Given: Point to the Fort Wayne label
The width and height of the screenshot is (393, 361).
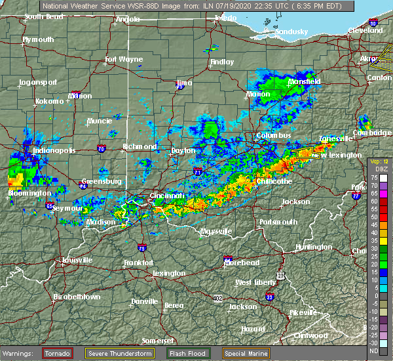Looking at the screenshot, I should pyautogui.click(x=124, y=60).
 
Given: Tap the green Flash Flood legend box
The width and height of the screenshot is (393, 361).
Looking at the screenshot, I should pyautogui.click(x=189, y=353).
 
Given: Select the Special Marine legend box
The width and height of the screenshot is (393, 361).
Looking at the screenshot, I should pyautogui.click(x=246, y=353).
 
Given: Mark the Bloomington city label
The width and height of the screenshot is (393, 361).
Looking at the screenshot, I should pyautogui.click(x=29, y=193).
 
